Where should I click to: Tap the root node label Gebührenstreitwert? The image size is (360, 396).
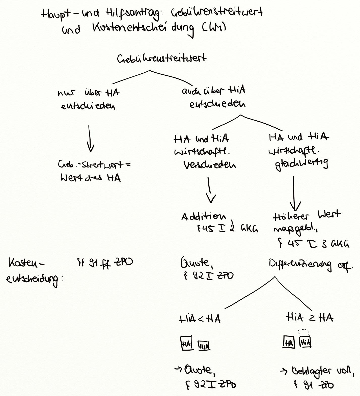coord(161,59)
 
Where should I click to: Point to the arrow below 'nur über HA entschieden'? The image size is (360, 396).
coord(90,139)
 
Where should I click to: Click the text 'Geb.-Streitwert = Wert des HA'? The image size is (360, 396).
coord(93,172)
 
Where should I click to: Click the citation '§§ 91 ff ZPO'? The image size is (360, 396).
coord(105,263)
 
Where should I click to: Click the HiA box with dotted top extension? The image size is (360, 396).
coord(305,342)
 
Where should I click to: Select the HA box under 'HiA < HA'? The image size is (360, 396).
coord(186,344)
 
